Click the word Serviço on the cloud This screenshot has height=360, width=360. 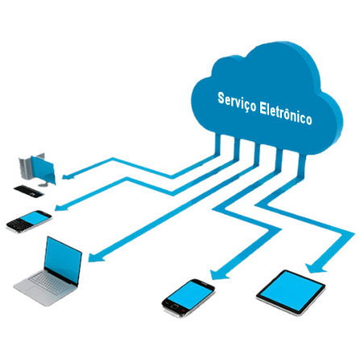pyautogui.click(x=237, y=102)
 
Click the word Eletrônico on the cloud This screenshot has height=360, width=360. pyautogui.click(x=286, y=114)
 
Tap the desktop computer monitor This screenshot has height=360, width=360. pyautogui.click(x=43, y=170)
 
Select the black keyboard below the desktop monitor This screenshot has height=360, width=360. pyautogui.click(x=29, y=192)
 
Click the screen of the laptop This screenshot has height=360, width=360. pyautogui.click(x=63, y=260)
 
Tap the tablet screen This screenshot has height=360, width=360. pyautogui.click(x=292, y=292)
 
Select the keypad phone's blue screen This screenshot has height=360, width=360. pyautogui.click(x=35, y=217)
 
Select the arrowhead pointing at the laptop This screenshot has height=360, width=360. pyautogui.click(x=96, y=257)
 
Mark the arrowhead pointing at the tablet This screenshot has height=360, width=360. pyautogui.click(x=315, y=268)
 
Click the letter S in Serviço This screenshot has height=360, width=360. pyautogui.click(x=221, y=98)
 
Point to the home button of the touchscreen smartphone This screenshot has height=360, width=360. pyautogui.click(x=175, y=306)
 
